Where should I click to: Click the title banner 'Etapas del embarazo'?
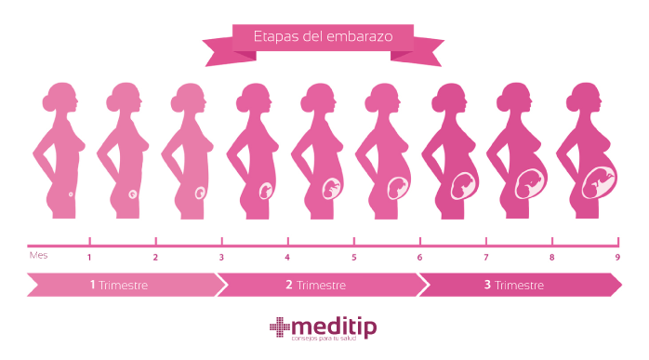coord(323,38)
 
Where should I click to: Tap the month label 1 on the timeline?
coord(89,257)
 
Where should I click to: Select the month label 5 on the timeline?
coord(353,257)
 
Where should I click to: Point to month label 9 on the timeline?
coord(617,257)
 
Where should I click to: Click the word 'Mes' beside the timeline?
coord(37,252)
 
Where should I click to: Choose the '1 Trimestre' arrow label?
coord(119,285)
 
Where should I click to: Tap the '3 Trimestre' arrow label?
coord(513,285)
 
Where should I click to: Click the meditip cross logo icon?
coord(280,327)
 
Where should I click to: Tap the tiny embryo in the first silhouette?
coord(72,193)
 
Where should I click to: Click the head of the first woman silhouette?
coord(61,98)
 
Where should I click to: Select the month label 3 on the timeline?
coord(221,257)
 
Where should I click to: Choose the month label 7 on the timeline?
coord(485,257)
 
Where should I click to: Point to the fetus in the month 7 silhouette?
coord(465,185)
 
